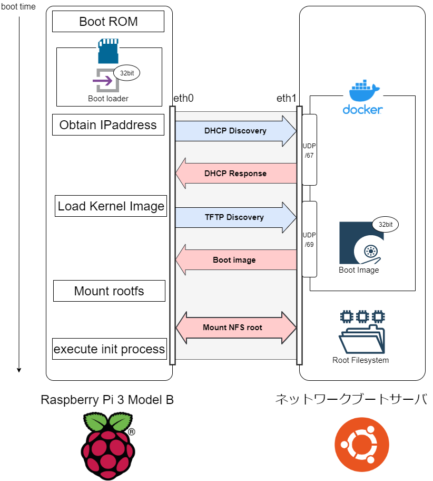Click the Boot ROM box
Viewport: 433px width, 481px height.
pos(108,22)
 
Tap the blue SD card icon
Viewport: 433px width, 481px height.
pos(108,52)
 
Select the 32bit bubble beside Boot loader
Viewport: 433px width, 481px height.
pos(126,73)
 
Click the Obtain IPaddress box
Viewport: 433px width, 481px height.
pos(108,126)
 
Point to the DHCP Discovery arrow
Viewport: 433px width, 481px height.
pos(235,131)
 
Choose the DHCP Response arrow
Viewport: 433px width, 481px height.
pos(235,173)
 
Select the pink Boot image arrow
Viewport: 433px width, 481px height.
pos(235,259)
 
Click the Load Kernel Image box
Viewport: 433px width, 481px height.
pos(111,206)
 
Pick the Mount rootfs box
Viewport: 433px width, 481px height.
pos(109,291)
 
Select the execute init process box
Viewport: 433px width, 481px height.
pos(109,349)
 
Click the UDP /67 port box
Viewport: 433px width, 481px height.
pos(309,150)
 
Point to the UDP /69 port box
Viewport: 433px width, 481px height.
pos(309,239)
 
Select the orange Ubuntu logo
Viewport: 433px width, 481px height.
pos(362,444)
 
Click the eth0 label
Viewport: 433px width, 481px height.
pos(183,98)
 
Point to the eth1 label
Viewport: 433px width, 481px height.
pos(287,98)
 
